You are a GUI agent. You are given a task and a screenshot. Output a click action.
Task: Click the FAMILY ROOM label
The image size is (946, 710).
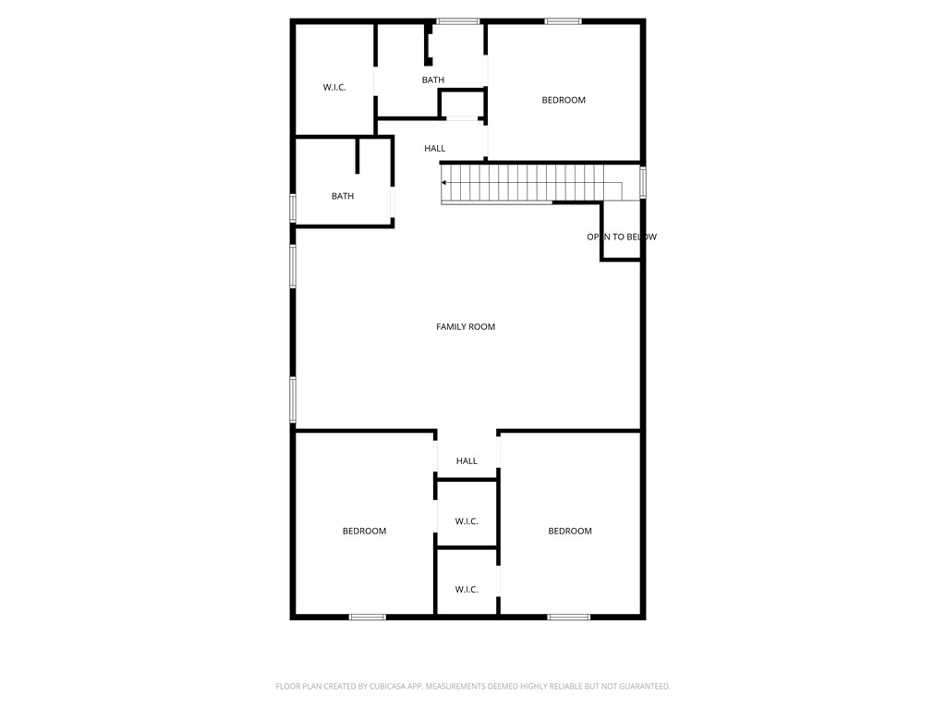point(466,326)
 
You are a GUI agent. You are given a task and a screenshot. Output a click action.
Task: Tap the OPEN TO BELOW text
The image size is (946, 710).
point(622,237)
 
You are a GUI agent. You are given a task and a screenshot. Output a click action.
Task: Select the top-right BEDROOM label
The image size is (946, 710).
point(564,100)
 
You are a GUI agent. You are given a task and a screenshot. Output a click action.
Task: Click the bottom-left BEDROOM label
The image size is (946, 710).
point(364,531)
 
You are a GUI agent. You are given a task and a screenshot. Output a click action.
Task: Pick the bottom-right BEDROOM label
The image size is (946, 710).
point(570,531)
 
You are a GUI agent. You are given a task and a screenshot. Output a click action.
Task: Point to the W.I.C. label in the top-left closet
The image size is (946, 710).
point(334,87)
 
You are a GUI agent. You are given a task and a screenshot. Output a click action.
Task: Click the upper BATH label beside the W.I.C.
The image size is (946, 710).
point(433,80)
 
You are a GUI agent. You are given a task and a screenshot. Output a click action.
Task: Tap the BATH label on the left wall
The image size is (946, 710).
point(343,196)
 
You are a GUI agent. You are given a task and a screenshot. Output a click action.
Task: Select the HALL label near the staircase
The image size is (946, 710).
point(435,148)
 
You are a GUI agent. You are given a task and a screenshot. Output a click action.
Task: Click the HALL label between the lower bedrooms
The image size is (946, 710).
point(467,461)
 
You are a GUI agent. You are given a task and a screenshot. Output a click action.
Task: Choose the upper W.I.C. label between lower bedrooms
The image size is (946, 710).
point(467,521)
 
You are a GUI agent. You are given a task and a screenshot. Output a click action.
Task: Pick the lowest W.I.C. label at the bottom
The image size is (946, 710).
point(467,590)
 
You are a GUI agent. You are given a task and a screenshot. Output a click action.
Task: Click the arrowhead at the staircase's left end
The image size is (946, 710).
point(444,183)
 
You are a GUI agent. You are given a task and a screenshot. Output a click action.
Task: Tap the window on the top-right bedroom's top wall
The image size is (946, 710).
point(563,20)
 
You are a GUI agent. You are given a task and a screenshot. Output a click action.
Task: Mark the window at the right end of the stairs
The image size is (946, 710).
point(643,182)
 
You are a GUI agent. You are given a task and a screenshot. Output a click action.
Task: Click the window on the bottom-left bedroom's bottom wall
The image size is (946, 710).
point(368,617)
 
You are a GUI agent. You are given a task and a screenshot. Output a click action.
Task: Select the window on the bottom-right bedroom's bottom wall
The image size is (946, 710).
point(568,617)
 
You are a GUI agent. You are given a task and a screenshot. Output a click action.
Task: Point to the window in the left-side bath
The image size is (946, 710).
point(293,207)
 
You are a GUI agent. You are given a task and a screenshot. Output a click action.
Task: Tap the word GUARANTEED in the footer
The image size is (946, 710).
point(642,686)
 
